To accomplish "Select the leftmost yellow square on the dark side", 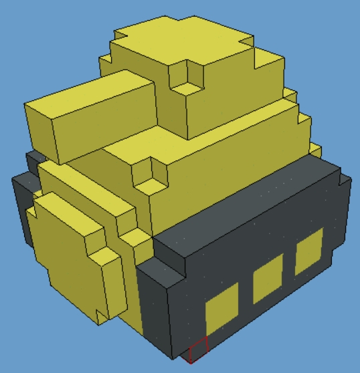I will pos(221,308).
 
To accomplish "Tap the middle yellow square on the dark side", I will pos(267,279).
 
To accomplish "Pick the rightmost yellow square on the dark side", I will pos(308,251).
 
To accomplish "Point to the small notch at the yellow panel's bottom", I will pos(101,314).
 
